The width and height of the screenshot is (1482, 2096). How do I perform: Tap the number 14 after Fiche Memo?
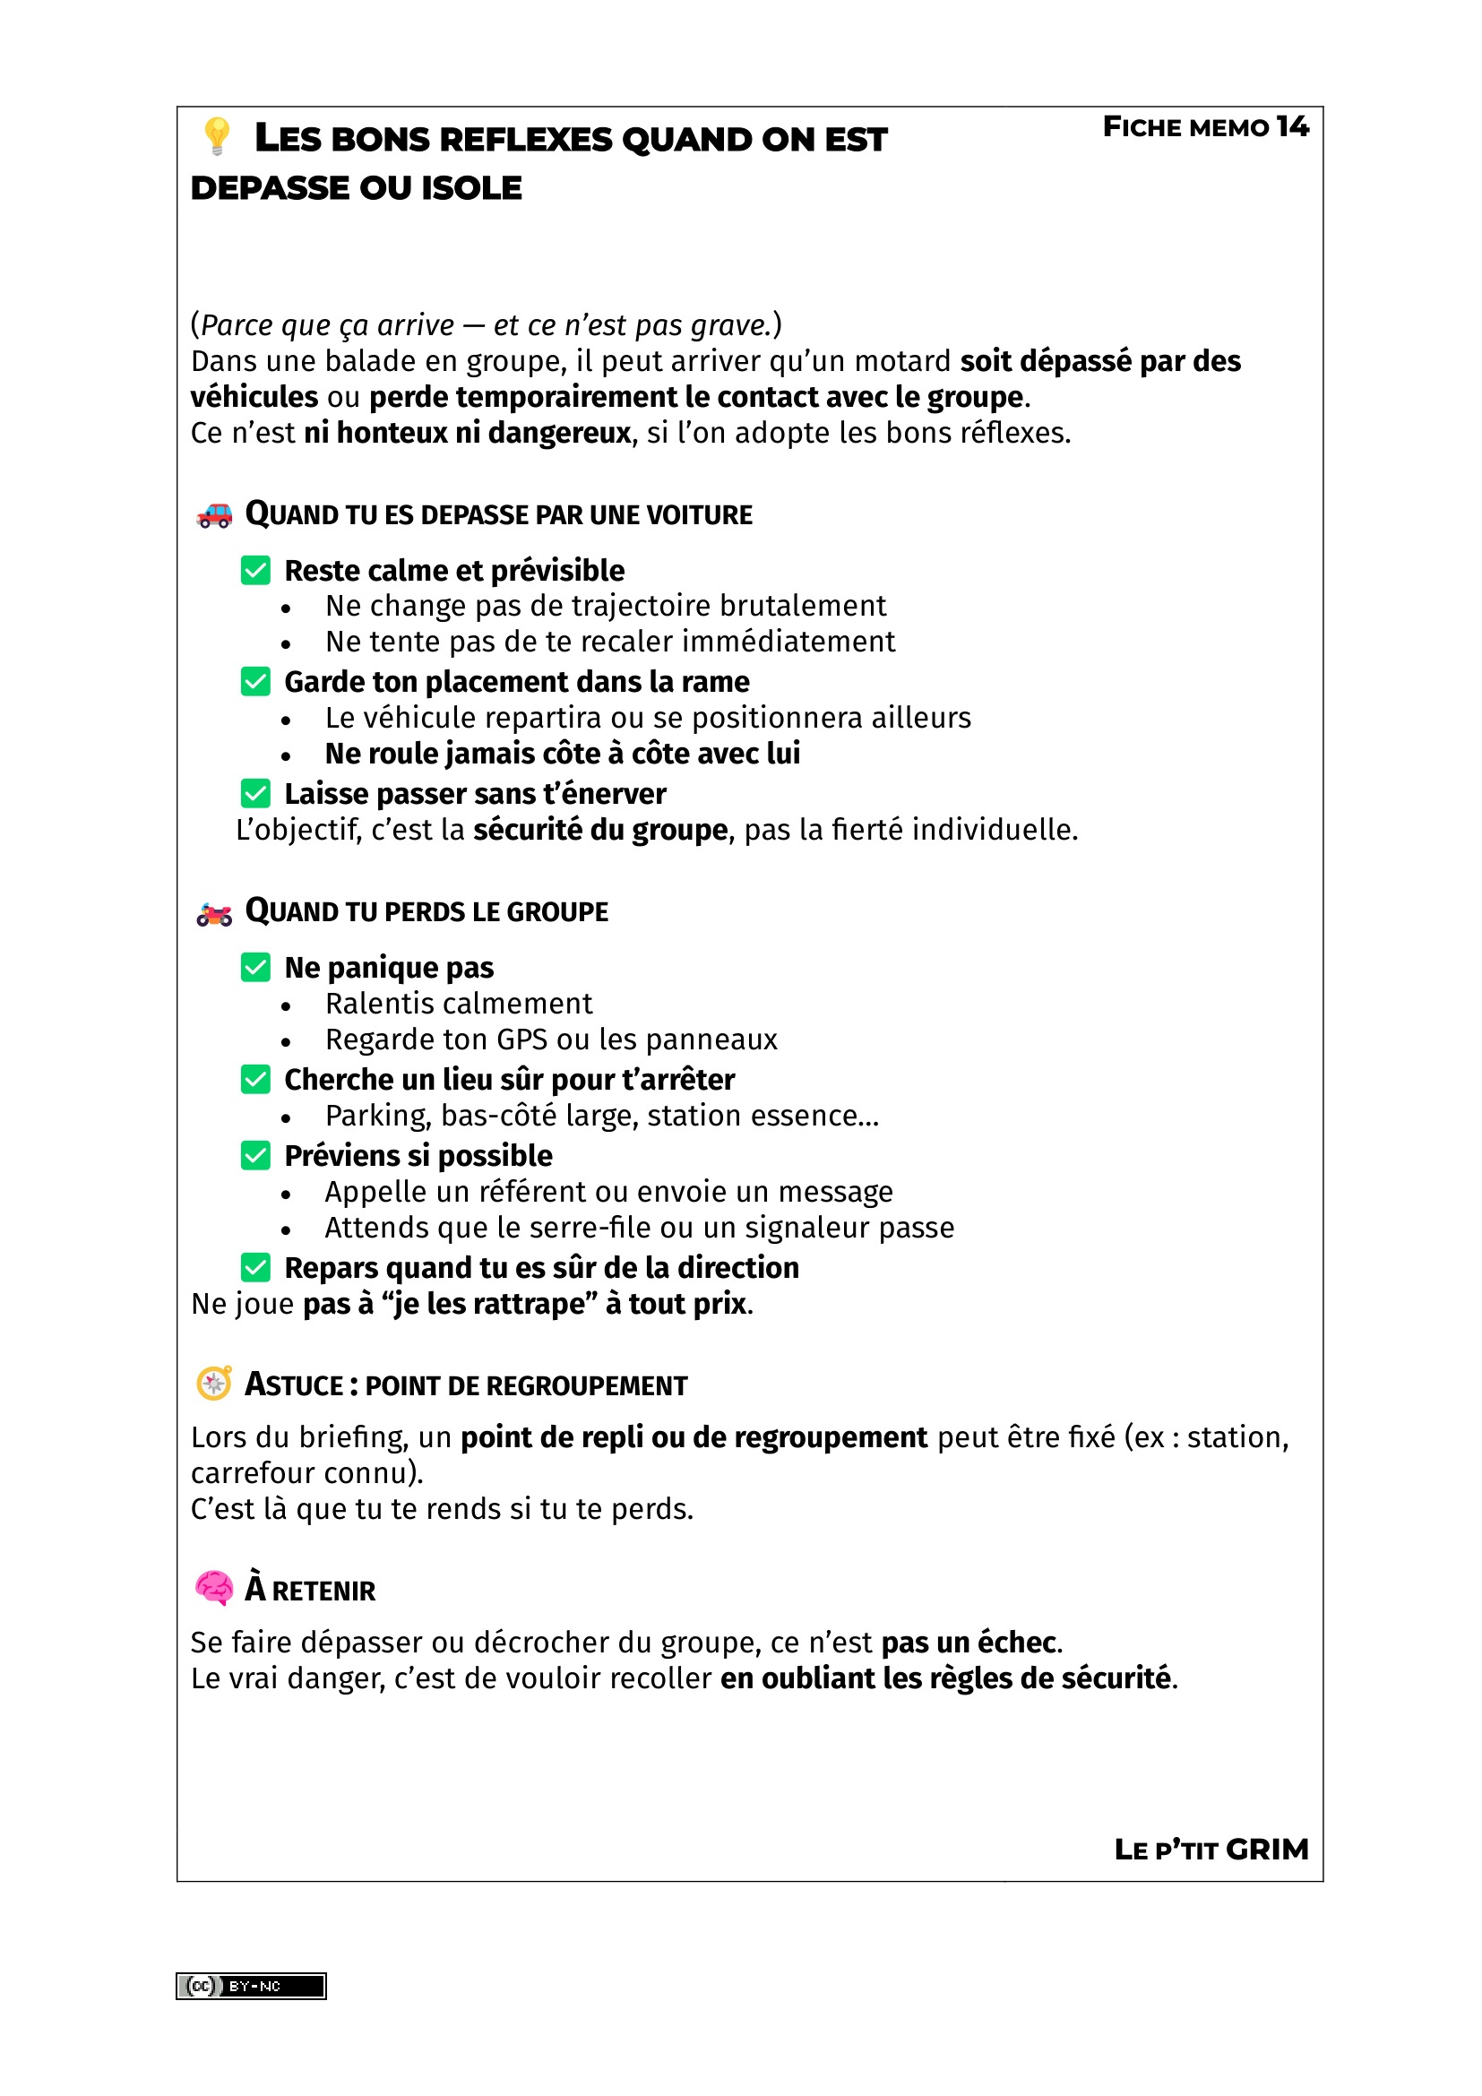(x=1291, y=127)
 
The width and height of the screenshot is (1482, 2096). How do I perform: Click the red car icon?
(x=214, y=516)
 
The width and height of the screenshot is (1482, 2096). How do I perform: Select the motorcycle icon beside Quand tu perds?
(x=214, y=913)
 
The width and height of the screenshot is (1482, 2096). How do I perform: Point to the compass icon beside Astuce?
(x=214, y=1384)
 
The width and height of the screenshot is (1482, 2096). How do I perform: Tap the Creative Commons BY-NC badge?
(x=251, y=1987)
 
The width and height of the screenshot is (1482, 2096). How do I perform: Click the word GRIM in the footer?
(x=1267, y=1850)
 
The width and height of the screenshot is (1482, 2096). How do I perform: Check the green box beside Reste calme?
(x=255, y=571)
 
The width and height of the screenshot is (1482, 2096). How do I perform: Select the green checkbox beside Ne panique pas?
(x=255, y=968)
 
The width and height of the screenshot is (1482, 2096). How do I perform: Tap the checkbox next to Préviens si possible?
(x=255, y=1156)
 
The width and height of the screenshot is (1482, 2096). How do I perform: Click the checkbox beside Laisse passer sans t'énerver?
(x=255, y=793)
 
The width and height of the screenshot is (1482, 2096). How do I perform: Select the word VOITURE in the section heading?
(x=699, y=516)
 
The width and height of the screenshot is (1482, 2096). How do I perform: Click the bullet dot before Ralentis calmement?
(x=287, y=1006)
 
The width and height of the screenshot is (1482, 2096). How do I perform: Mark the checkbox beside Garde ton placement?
(x=255, y=682)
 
